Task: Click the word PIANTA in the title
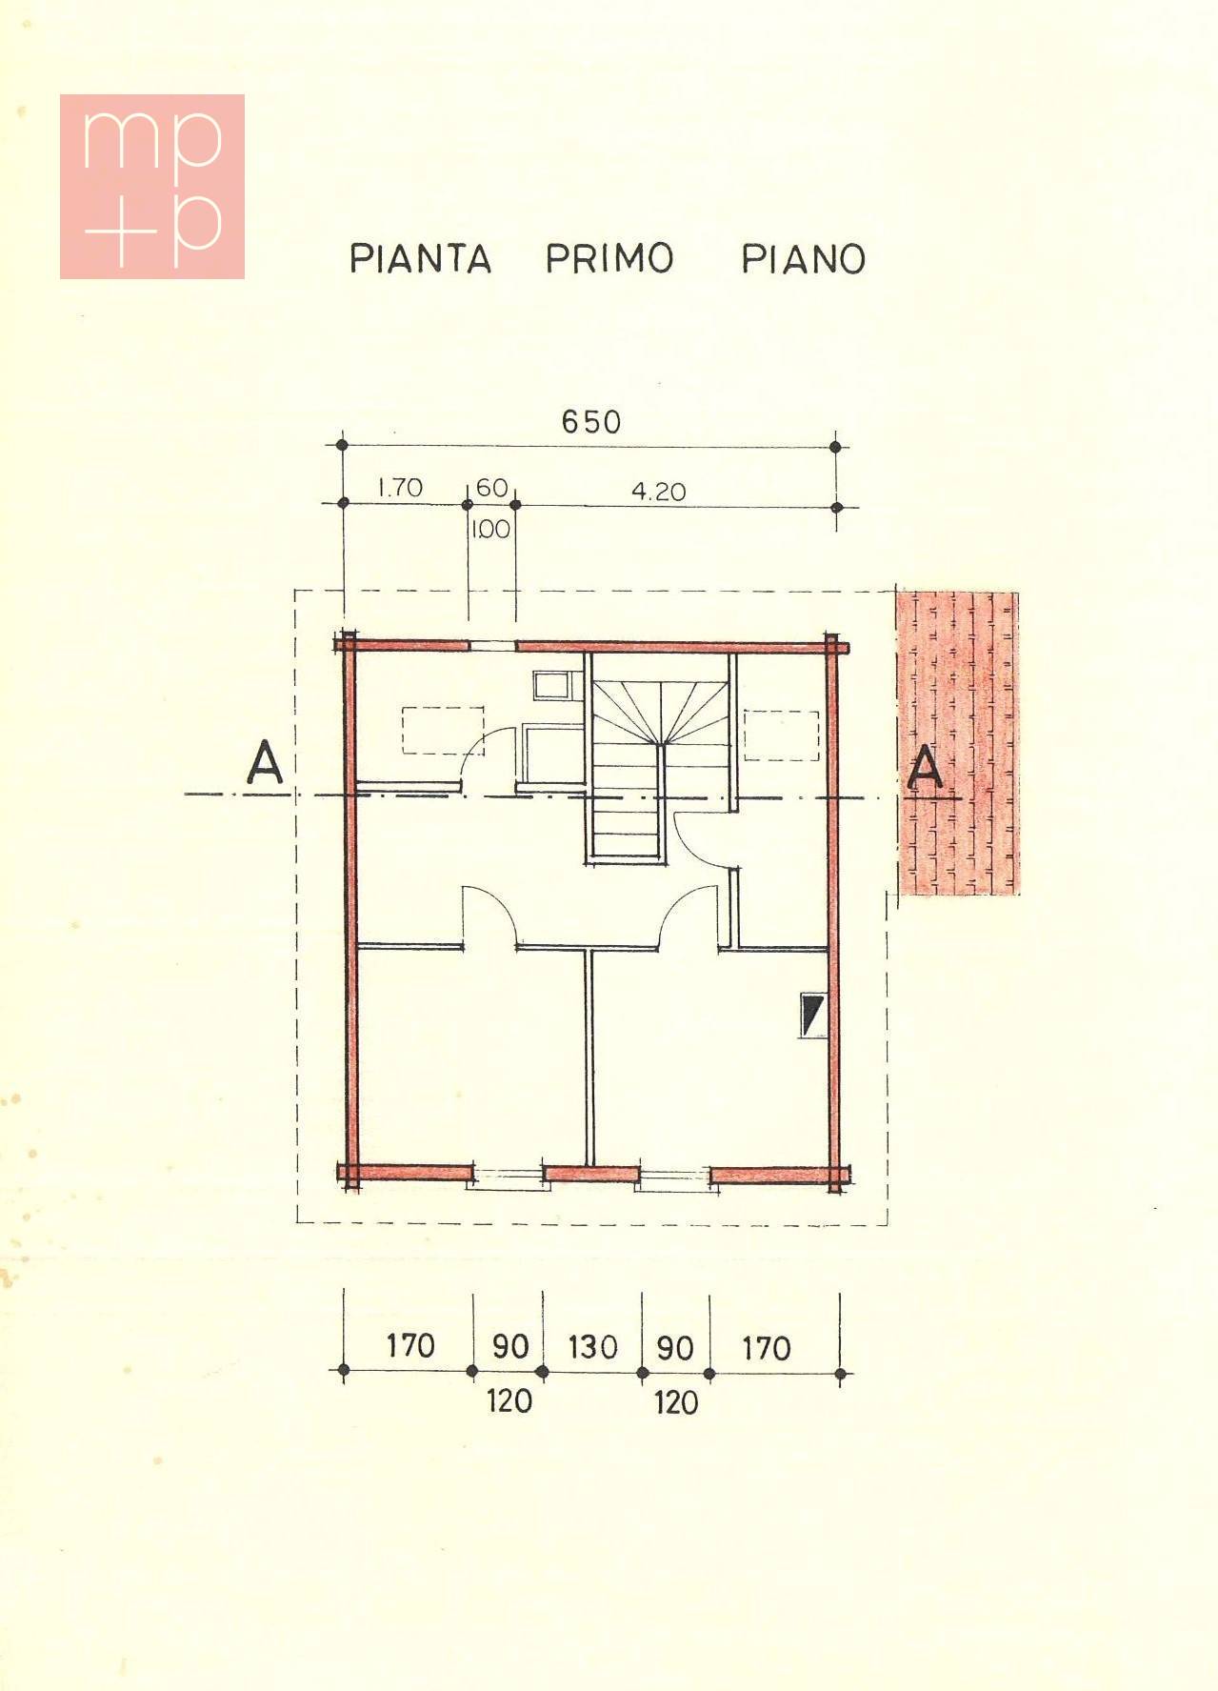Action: (x=420, y=258)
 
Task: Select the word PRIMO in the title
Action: (x=609, y=258)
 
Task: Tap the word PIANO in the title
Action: (x=803, y=259)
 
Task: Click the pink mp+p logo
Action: (x=152, y=187)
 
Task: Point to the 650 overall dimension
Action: (x=590, y=421)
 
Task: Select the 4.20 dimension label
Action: (x=658, y=492)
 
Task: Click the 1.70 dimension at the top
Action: (x=400, y=488)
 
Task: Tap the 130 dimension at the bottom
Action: (x=592, y=1347)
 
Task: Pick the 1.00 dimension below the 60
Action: (x=490, y=529)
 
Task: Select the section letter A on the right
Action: (x=925, y=770)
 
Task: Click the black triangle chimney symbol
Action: (x=813, y=1016)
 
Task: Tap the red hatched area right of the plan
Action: (x=957, y=743)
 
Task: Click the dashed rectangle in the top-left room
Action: (x=443, y=731)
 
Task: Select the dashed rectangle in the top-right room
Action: (x=781, y=735)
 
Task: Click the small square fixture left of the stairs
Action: (x=551, y=685)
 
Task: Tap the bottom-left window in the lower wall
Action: (x=509, y=1179)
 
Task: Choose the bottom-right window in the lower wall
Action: (x=675, y=1179)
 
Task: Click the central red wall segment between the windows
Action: (x=591, y=1174)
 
